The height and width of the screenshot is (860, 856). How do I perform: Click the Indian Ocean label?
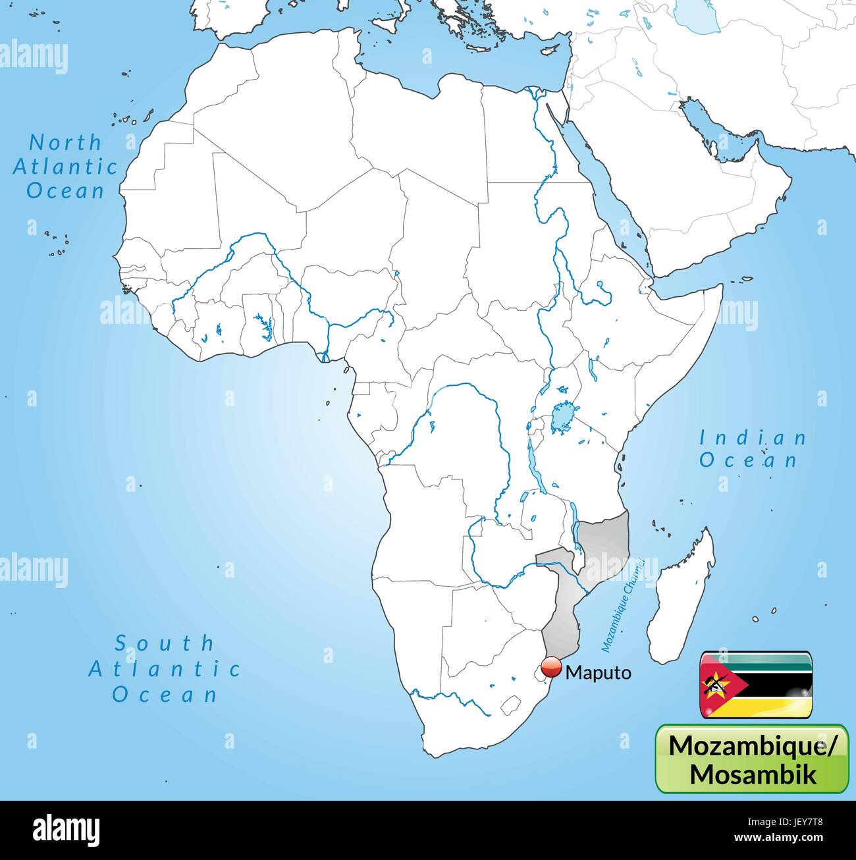pyautogui.click(x=753, y=448)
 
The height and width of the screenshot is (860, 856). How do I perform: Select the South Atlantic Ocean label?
pyautogui.click(x=165, y=668)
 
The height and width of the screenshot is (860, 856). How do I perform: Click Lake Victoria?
pyautogui.click(x=562, y=416)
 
